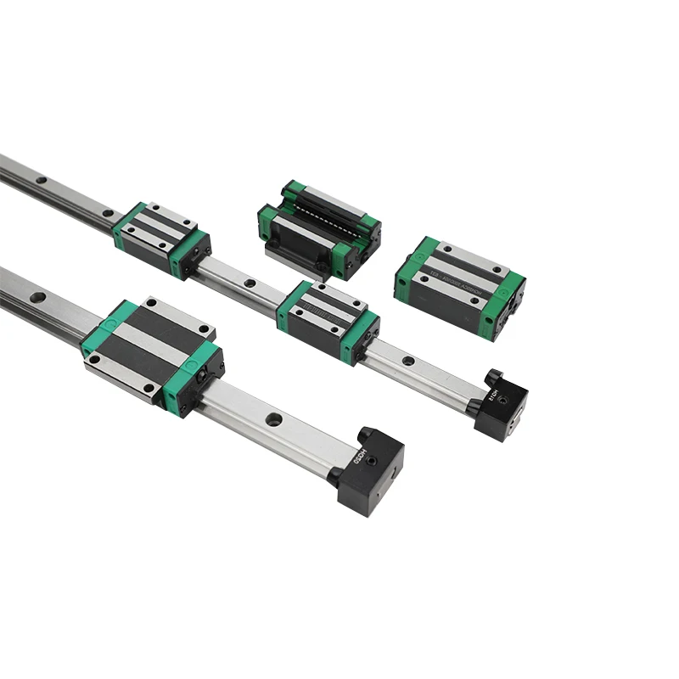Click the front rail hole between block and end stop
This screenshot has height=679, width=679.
[273, 418]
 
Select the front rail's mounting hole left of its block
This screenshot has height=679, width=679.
[37, 298]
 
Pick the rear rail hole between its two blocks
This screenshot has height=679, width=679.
[250, 283]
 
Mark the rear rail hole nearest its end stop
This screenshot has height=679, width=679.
[407, 361]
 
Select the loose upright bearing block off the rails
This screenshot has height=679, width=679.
[459, 287]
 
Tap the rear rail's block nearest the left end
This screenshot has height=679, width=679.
[161, 239]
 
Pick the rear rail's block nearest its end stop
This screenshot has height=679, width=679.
[328, 320]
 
